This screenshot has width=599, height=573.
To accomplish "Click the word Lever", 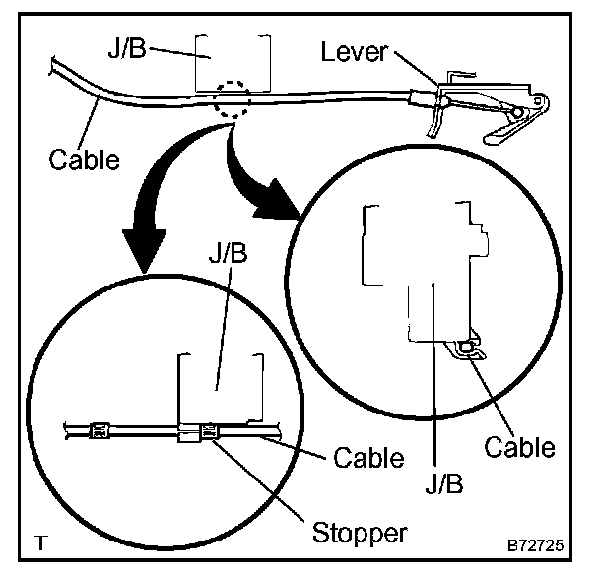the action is pos(354,52).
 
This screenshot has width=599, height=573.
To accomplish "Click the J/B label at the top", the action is pos(127,47).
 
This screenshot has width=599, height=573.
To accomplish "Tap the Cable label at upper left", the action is pos(84,159).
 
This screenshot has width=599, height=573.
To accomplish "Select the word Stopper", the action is pos(360,534).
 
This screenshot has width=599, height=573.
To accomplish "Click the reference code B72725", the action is pos(535,545).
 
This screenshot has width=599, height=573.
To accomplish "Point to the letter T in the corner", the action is pos(41,542).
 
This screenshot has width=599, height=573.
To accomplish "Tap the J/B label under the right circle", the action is pos(444,483).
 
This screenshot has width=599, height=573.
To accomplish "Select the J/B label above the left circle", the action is pos(228,252).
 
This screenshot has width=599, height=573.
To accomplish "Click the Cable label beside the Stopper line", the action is pos(368,458).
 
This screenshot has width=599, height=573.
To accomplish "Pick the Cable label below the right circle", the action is pos(519,447).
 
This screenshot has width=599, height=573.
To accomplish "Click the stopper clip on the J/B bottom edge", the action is pos(209,432).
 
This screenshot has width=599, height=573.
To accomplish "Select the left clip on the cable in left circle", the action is pos(100,431).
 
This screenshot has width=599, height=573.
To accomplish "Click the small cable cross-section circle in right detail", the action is pos(466,348).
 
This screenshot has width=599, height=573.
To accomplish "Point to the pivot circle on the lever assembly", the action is pos(517,112).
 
